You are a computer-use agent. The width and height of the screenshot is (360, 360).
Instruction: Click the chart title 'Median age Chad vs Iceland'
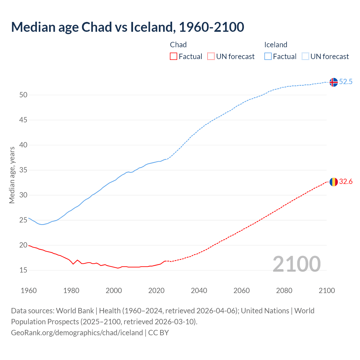127,27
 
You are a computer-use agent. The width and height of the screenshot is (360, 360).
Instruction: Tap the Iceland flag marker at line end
334,82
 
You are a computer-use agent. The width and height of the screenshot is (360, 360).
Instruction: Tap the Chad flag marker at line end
334,182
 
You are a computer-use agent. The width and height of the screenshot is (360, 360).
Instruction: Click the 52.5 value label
346,82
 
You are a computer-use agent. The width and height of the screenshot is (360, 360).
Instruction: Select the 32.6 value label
346,182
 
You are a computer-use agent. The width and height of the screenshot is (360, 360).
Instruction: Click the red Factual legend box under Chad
174,57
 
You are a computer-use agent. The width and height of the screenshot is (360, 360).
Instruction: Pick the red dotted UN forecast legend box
211,57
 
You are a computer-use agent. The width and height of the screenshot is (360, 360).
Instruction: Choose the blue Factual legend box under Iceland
268,57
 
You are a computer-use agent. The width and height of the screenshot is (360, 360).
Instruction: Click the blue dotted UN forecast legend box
305,57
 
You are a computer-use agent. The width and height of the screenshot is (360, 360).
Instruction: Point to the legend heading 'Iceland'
276,45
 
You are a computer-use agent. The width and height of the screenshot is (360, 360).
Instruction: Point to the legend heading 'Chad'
178,45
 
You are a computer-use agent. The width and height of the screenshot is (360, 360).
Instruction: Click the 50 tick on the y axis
23,95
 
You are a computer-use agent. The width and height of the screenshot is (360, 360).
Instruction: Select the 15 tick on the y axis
23,270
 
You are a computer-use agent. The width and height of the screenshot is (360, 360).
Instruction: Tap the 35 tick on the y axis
23,170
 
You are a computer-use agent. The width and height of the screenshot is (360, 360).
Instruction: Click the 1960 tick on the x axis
29,291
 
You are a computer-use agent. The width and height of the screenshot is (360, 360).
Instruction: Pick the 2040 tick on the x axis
199,291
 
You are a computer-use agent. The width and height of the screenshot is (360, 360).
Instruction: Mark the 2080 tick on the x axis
284,291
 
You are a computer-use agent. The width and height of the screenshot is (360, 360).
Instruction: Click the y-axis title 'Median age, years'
12,175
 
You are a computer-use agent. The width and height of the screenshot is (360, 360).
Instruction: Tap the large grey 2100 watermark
296,264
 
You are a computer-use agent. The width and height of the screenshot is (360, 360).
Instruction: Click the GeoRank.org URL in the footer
77,333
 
